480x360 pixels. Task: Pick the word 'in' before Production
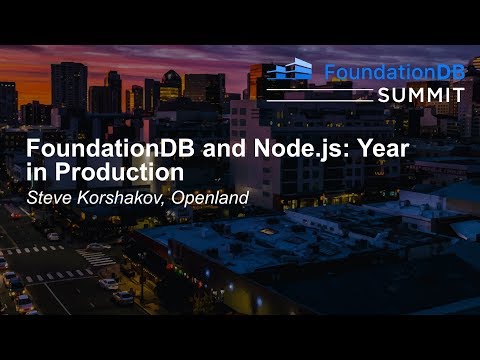[34, 173]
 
